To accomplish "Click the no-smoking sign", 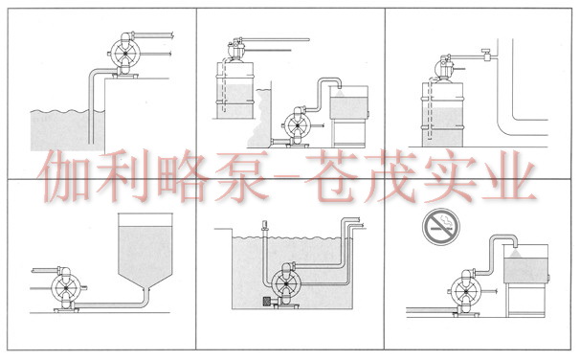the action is click(x=441, y=226).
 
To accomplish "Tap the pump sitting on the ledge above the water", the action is click(x=124, y=55).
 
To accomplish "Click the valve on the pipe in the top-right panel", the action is click(x=486, y=55).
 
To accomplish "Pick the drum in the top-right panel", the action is click(x=443, y=114).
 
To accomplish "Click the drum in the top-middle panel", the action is click(x=234, y=90).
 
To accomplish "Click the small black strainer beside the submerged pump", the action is click(x=266, y=302).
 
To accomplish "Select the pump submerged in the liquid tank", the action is click(x=286, y=284).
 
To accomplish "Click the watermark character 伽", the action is click(x=63, y=177).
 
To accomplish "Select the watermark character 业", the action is click(x=510, y=177).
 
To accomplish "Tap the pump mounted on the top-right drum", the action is click(x=443, y=68).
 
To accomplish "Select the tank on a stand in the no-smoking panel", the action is click(x=525, y=281).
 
